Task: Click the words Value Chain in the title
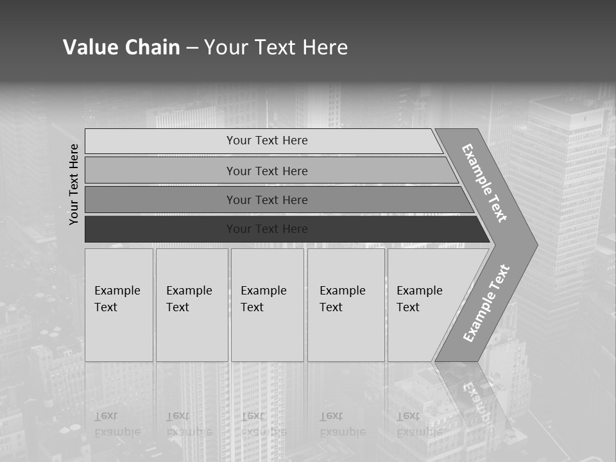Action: [121, 47]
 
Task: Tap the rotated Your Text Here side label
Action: [74, 184]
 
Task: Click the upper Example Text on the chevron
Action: [484, 183]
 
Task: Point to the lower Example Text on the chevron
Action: [486, 304]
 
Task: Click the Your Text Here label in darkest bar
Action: [267, 229]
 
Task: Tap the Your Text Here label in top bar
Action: [267, 141]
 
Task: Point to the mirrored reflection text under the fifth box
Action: [419, 424]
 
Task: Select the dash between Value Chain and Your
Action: [192, 48]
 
